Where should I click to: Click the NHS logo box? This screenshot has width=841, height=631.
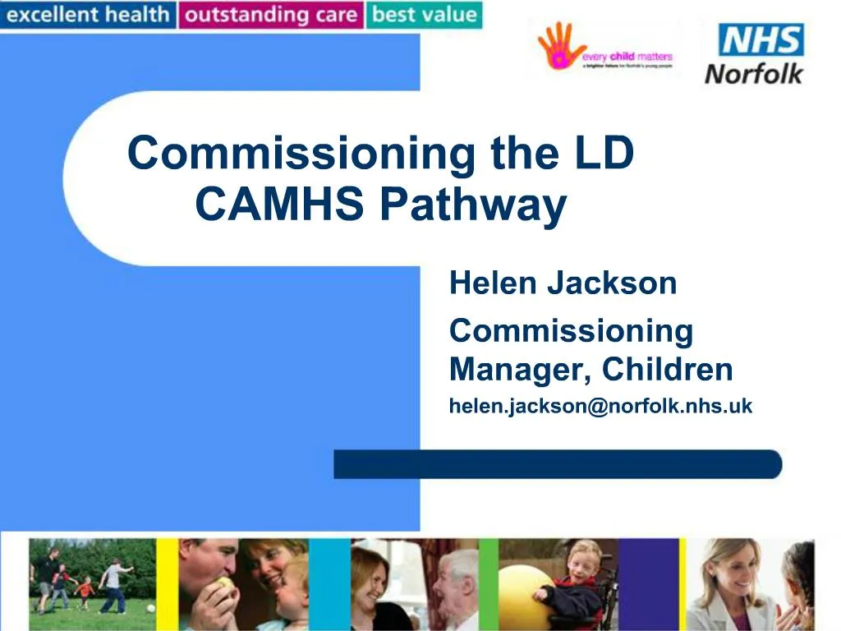point(761,39)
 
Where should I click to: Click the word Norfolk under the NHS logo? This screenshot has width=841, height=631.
point(754,74)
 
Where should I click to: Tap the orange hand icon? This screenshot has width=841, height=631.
point(558,46)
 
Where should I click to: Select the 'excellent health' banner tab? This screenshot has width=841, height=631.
point(88,15)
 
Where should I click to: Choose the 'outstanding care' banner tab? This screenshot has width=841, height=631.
point(272,15)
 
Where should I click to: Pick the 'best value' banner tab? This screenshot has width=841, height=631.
point(424,15)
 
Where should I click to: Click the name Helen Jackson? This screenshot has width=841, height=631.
point(563,283)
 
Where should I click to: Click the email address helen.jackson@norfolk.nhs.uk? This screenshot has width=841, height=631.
point(600,406)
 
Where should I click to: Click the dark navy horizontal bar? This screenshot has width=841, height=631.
point(558,464)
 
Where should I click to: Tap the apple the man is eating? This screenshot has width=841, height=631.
point(224,585)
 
